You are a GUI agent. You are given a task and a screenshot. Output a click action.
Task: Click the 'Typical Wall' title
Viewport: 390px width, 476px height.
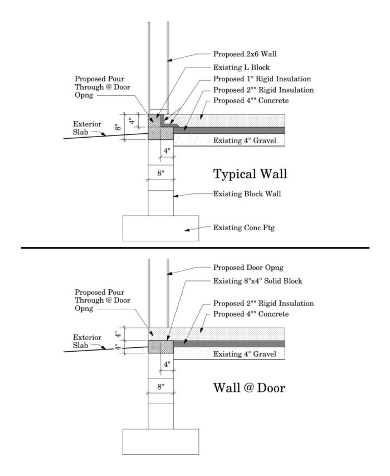[x=250, y=174]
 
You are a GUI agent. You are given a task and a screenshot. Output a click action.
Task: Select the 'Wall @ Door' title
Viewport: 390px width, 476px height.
[x=250, y=387]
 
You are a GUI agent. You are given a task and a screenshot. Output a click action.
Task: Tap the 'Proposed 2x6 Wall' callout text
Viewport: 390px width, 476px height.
[x=245, y=55]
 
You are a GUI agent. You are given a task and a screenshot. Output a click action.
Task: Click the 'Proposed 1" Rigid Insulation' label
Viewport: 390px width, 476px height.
[x=262, y=78]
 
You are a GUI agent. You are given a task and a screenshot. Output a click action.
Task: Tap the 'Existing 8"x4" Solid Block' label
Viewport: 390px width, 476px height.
[x=258, y=281]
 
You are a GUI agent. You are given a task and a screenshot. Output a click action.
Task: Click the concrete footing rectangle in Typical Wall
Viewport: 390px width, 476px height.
[x=160, y=229]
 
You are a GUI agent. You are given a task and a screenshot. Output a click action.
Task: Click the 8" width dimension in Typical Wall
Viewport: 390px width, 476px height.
[x=160, y=173]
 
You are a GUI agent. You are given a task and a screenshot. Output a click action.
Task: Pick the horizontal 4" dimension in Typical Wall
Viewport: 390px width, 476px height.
[x=167, y=151]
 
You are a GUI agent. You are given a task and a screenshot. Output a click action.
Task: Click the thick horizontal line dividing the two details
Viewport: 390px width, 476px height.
[x=195, y=247]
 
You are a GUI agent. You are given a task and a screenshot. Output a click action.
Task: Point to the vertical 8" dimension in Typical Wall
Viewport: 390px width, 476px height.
[x=119, y=127]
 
